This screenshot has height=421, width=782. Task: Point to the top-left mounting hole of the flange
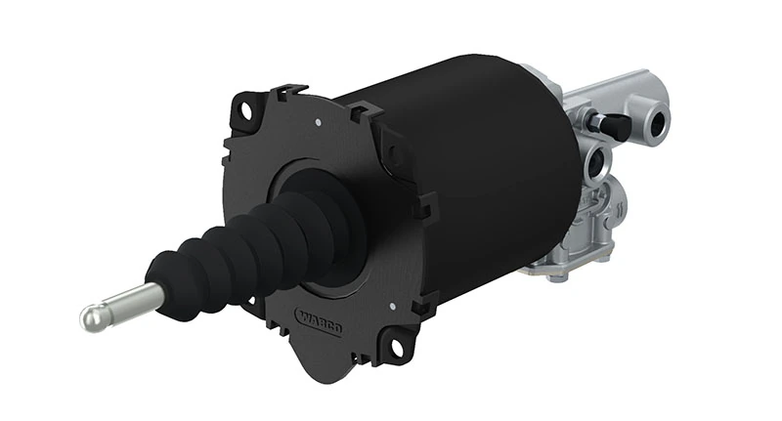pos(244,110)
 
